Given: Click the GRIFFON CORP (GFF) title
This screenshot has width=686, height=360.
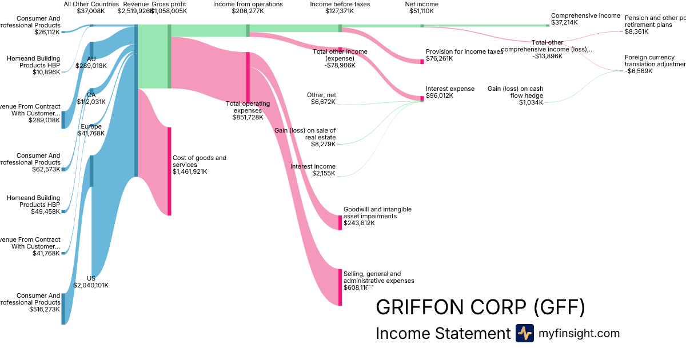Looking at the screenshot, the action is tap(480, 307).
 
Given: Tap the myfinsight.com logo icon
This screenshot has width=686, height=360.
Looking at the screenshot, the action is tap(524, 333).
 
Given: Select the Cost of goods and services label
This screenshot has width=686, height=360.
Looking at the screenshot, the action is tap(200, 161).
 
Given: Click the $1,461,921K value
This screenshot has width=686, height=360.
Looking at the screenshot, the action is tap(190, 171).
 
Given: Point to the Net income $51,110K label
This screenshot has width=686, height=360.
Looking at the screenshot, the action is tap(421, 7).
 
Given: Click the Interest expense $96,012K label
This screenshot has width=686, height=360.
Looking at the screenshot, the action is tap(450, 92).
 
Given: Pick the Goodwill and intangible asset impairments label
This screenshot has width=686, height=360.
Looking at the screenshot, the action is tap(377, 213).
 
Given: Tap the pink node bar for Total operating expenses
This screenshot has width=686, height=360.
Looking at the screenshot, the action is tap(248, 77).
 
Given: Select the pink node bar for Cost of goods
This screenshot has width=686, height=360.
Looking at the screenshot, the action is tap(169, 171).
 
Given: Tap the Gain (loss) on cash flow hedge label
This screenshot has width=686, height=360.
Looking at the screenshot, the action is tap(515, 95).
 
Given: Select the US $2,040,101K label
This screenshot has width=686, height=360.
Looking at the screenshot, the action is tap(91, 282).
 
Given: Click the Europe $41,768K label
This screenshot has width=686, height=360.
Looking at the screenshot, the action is tap(91, 130).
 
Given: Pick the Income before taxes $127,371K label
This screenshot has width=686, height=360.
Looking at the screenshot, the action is tap(340, 7).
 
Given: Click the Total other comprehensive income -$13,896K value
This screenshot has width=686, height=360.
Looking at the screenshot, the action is tap(548, 56).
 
